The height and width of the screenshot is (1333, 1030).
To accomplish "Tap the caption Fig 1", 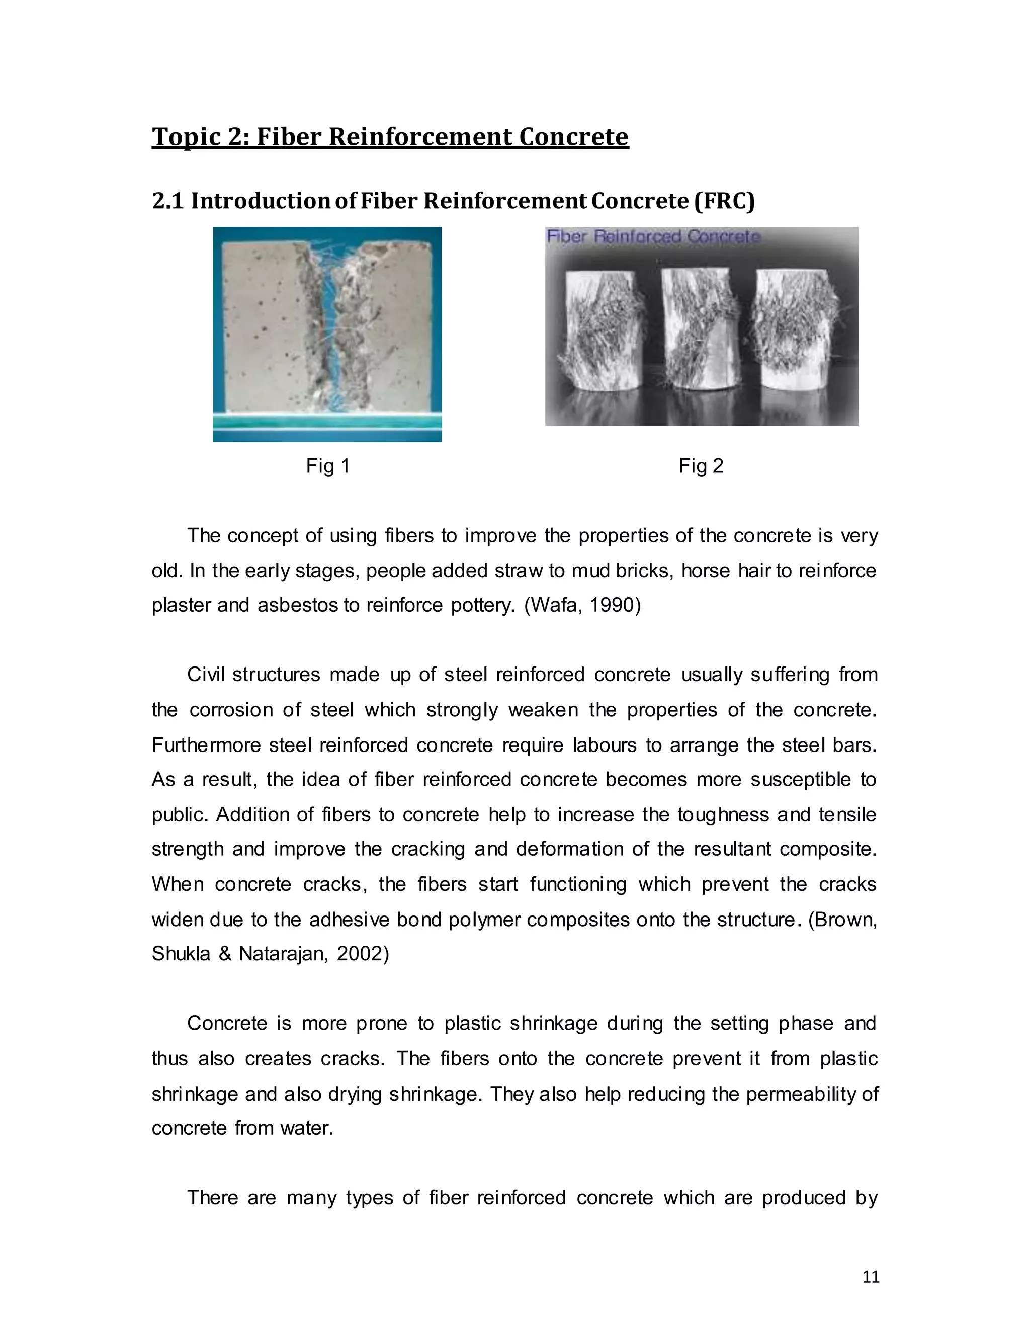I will (x=328, y=466).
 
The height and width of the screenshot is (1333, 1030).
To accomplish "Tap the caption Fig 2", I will (x=701, y=466).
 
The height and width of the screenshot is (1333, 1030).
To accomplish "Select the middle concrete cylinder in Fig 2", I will (x=701, y=326).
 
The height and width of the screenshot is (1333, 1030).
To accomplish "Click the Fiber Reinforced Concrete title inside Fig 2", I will (x=653, y=237).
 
